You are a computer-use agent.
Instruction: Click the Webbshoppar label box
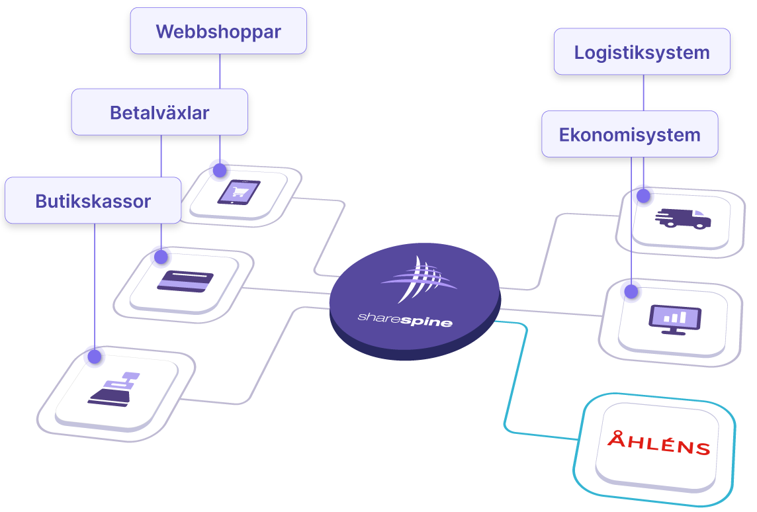click(x=218, y=31)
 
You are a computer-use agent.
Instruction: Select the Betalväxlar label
click(x=159, y=112)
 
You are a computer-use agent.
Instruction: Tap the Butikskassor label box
click(x=93, y=200)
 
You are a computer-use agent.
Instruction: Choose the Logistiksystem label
click(x=642, y=52)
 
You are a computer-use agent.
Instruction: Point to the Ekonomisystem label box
click(x=629, y=134)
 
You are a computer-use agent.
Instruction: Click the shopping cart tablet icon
click(x=239, y=192)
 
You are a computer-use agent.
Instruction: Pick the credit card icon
click(x=185, y=281)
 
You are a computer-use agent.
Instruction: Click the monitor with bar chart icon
click(x=676, y=320)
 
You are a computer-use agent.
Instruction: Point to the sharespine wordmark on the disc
click(x=405, y=321)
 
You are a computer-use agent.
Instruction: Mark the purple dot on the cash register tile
click(x=94, y=355)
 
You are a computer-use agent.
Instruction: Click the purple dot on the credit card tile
click(x=159, y=255)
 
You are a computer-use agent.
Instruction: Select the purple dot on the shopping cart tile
click(x=218, y=168)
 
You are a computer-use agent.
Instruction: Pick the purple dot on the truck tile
click(x=642, y=194)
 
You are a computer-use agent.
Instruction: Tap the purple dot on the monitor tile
click(x=630, y=289)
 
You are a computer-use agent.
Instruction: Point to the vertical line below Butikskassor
click(x=95, y=284)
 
